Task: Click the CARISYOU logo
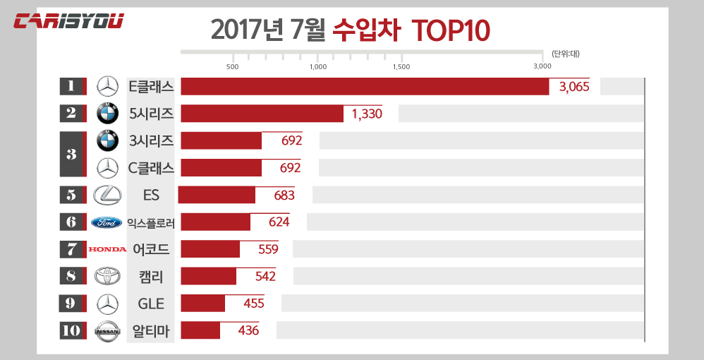click(69, 21)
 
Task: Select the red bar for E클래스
click(365, 86)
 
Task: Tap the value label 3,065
click(573, 87)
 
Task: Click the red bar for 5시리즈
click(262, 114)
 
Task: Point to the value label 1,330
click(366, 114)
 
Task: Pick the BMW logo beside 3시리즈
click(107, 140)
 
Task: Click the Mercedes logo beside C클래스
click(107, 167)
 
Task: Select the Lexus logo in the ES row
click(107, 195)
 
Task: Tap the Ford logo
click(107, 222)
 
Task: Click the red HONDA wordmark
click(107, 249)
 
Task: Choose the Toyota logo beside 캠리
click(107, 276)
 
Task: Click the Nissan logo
click(107, 330)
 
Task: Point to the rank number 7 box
click(71, 249)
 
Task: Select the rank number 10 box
click(71, 330)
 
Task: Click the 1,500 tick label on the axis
click(401, 66)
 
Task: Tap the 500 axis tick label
click(232, 66)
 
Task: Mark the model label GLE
click(151, 304)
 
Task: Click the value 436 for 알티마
click(248, 330)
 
